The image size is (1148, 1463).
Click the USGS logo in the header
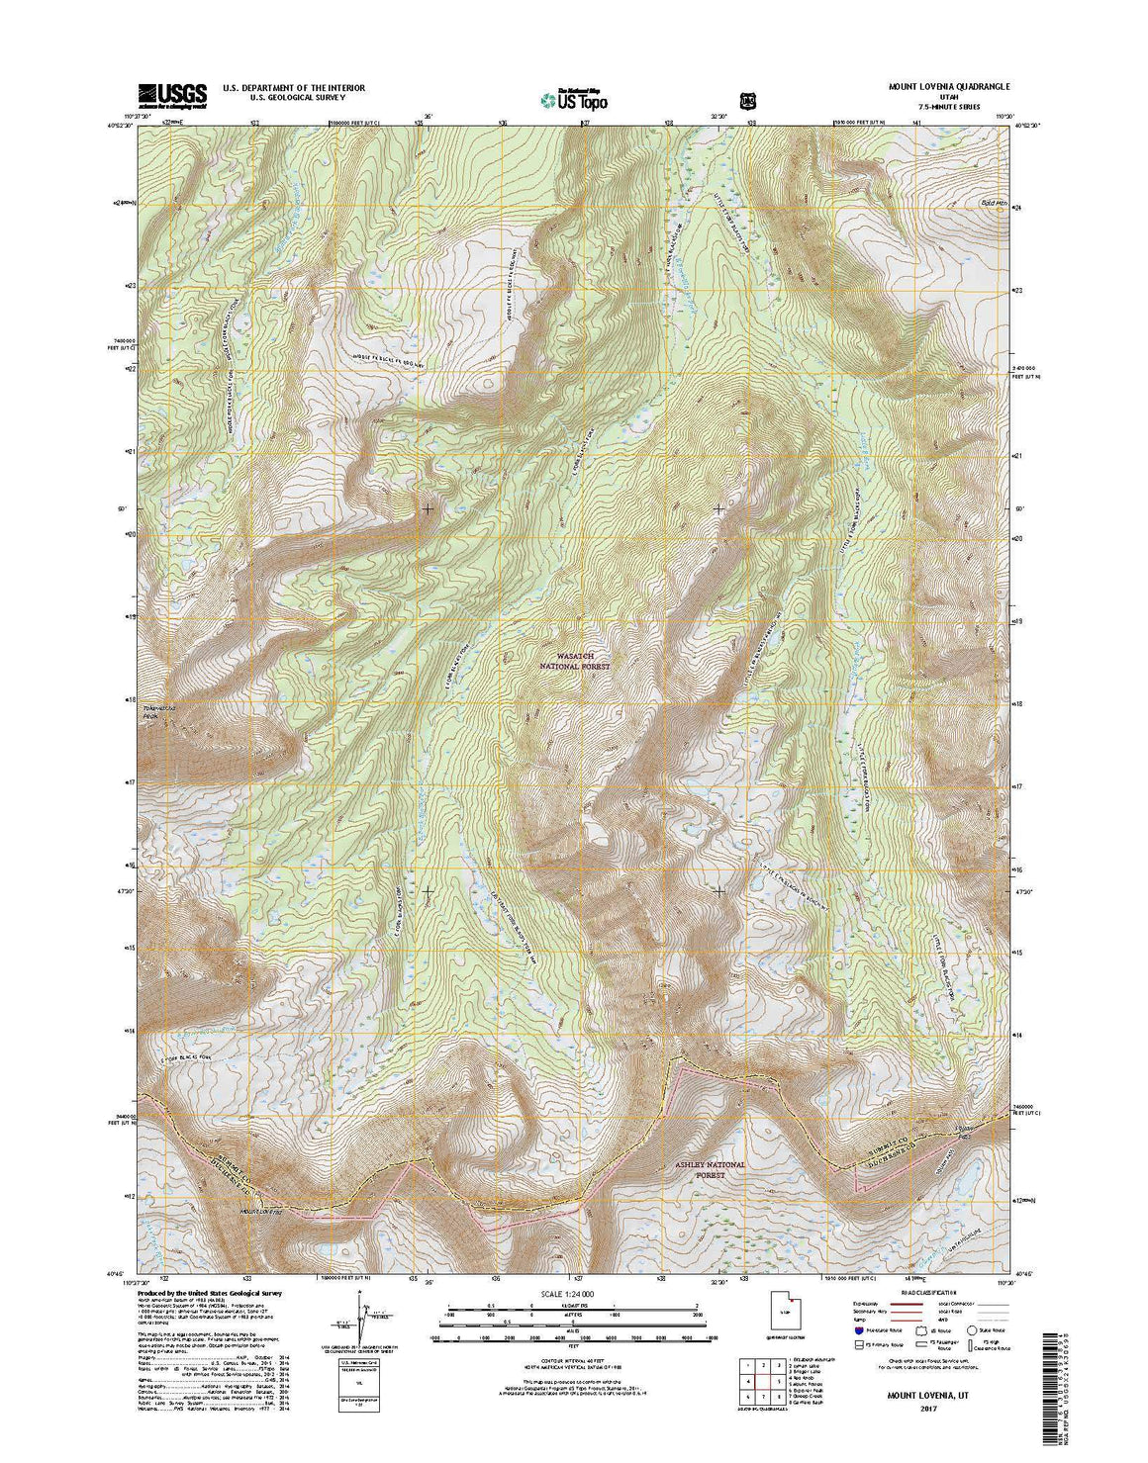click(172, 94)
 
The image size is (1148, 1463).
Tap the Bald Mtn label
click(979, 203)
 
